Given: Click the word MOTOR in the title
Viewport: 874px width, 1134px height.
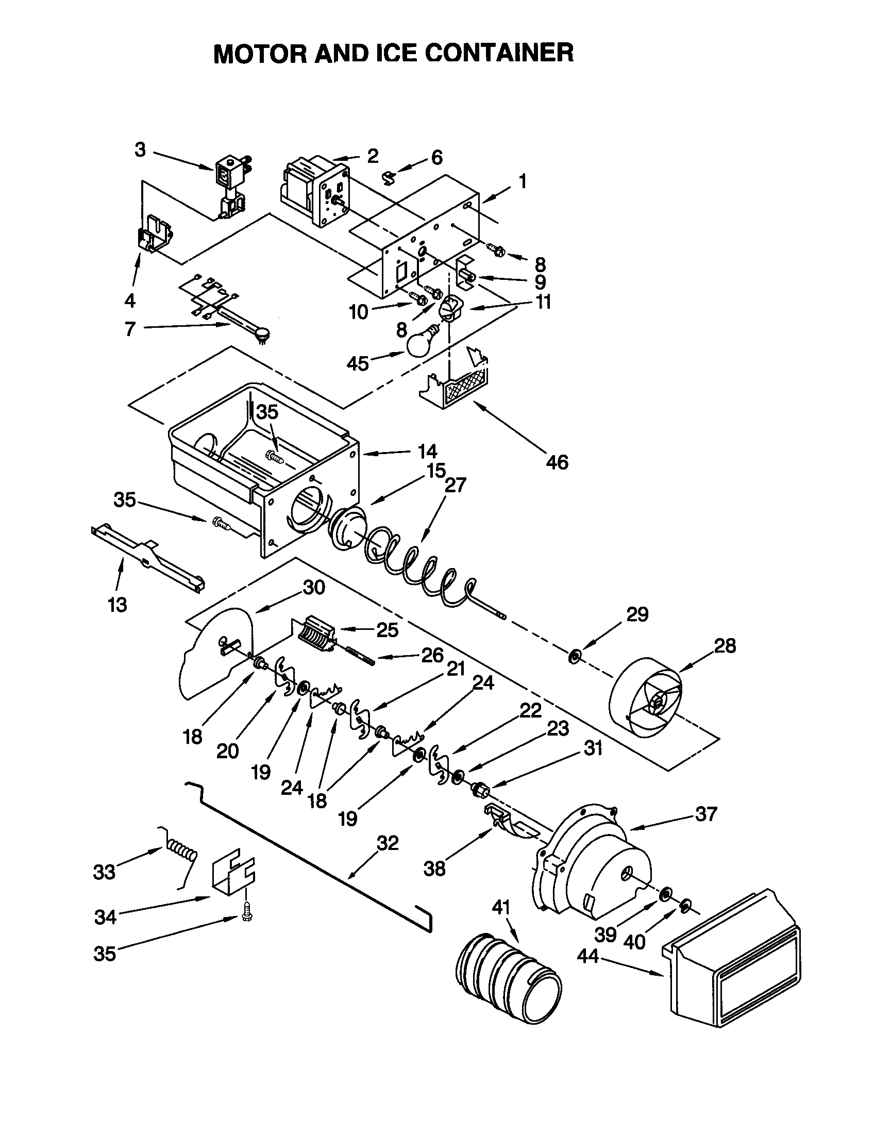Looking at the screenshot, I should tap(261, 54).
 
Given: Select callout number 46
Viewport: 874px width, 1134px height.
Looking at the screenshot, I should tap(557, 462).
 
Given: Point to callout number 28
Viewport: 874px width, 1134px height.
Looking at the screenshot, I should tap(725, 646).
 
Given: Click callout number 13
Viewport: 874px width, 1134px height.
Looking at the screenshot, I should tap(118, 605).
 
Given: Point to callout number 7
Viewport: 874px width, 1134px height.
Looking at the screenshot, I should tap(130, 328).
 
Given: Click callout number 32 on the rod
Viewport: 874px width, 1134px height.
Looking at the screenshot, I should tap(388, 843).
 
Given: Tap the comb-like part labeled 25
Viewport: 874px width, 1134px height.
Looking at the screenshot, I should tap(317, 633).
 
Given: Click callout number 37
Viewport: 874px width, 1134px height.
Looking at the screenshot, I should tap(706, 813).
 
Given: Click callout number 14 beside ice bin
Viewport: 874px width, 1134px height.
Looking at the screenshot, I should tap(428, 452).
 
